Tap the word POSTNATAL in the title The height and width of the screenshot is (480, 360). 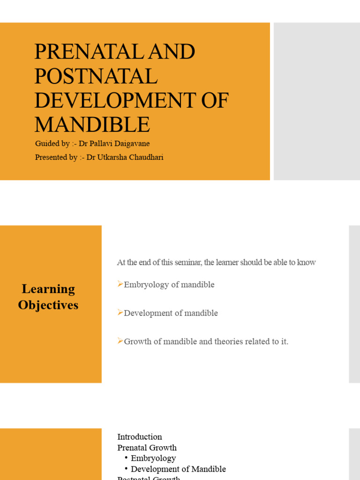[96, 76]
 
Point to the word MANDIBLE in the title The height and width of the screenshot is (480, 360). [92, 124]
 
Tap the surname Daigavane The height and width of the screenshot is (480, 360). [133, 144]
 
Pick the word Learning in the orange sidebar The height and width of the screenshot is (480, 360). [48, 289]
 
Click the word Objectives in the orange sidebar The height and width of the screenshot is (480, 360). [48, 305]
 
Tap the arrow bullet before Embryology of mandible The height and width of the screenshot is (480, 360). [120, 284]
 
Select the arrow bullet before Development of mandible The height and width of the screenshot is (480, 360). [120, 313]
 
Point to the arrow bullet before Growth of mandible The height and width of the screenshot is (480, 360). [120, 341]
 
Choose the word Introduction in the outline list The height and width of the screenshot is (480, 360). [140, 437]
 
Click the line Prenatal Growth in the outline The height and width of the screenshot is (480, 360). [147, 448]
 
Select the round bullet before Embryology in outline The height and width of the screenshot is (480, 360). [127, 458]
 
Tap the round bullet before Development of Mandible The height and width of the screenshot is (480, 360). [127, 469]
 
